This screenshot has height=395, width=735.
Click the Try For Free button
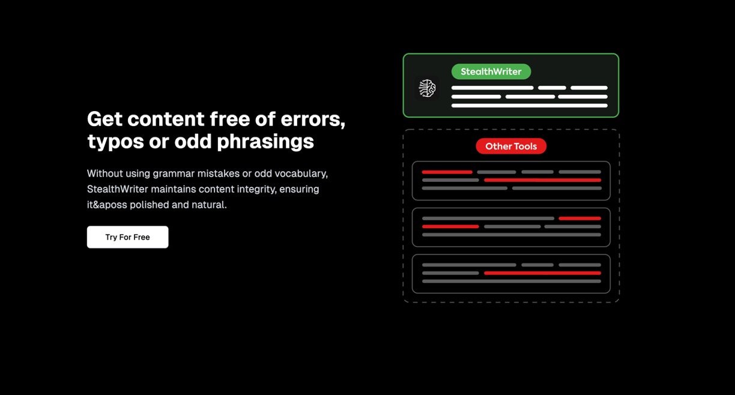coord(128,237)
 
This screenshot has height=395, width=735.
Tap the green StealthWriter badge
coord(491,71)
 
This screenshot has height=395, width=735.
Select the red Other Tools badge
coord(511,146)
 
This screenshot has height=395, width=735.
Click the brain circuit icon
coord(427,88)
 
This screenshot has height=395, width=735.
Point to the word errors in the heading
coord(313,119)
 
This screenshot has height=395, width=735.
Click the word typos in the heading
coord(115,142)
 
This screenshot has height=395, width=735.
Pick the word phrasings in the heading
coord(265,142)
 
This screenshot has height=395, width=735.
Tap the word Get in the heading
coord(104,119)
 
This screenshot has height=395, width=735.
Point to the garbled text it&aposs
coord(107,205)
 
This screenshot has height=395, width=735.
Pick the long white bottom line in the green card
coord(529,106)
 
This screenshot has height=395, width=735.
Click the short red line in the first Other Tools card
coord(447,172)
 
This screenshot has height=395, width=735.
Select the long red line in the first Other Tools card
coord(543,180)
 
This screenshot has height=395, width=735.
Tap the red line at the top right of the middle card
coord(580,218)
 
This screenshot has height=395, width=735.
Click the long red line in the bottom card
coord(543,273)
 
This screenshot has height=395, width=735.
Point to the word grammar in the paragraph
coord(174,173)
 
